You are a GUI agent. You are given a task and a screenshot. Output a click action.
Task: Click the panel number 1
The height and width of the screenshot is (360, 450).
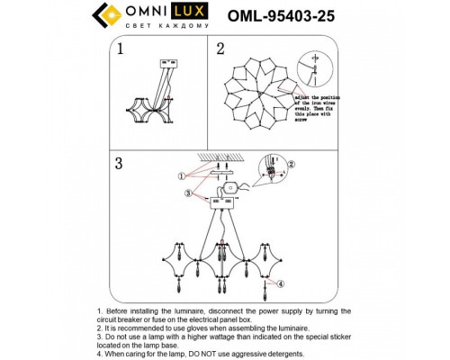(118, 49)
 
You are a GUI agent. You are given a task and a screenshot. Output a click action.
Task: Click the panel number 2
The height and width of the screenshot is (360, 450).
(220, 49)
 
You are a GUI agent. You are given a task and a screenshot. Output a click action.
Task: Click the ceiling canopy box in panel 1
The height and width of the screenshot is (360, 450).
(165, 63)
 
